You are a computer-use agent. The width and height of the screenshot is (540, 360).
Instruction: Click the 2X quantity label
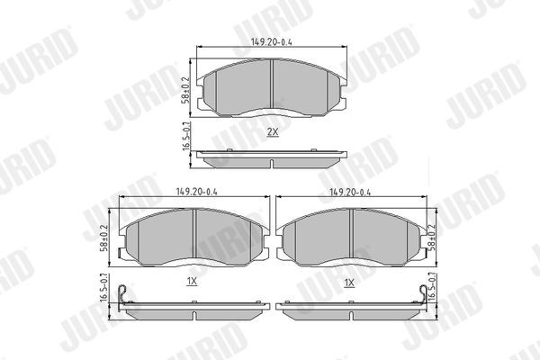272,131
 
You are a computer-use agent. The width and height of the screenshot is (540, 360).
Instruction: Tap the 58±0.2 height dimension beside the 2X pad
186,87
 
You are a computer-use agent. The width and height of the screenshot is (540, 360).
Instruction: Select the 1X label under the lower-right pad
349,282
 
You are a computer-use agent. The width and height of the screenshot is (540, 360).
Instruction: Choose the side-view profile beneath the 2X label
272,158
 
